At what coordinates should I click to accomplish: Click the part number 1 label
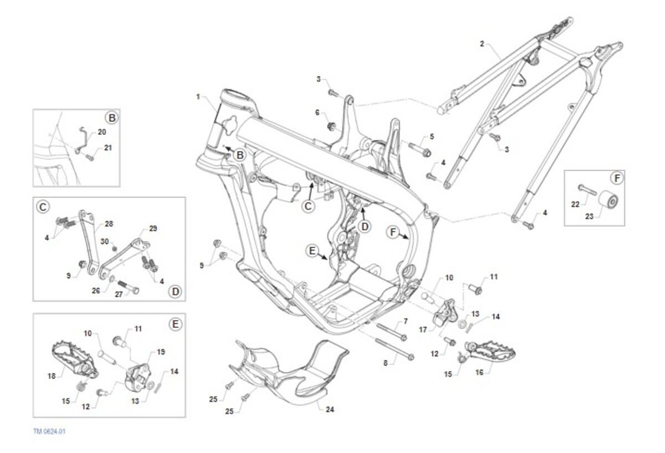pyautogui.click(x=198, y=96)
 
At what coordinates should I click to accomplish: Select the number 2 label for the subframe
pyautogui.click(x=482, y=43)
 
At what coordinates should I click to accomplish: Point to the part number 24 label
pyautogui.click(x=330, y=410)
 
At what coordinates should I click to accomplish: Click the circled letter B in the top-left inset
pyautogui.click(x=111, y=118)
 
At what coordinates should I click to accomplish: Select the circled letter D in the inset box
pyautogui.click(x=175, y=291)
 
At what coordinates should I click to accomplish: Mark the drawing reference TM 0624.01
pyautogui.click(x=50, y=430)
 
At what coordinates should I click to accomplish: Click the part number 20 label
pyautogui.click(x=101, y=132)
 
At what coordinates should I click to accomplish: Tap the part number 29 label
pyautogui.click(x=154, y=228)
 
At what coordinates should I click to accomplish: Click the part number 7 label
pyautogui.click(x=405, y=322)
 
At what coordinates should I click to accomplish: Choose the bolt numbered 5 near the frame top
pyautogui.click(x=420, y=149)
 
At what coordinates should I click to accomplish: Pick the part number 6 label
pyautogui.click(x=318, y=113)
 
